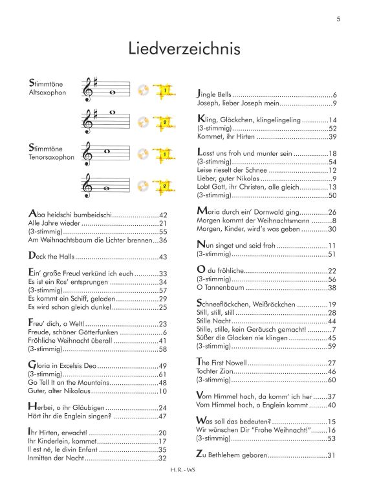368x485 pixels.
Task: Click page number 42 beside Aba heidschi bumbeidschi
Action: [x=163, y=215]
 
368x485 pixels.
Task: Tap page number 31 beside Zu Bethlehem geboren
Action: [x=332, y=457]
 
